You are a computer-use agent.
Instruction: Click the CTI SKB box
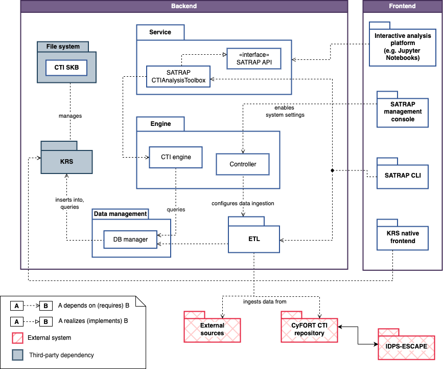click(x=66, y=68)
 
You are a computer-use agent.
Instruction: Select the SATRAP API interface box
click(x=254, y=59)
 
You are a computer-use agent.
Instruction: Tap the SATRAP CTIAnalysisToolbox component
click(x=178, y=76)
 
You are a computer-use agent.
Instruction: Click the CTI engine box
click(x=176, y=157)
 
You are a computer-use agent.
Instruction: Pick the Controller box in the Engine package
click(x=243, y=164)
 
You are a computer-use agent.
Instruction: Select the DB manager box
click(x=130, y=240)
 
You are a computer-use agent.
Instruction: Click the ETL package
click(x=254, y=239)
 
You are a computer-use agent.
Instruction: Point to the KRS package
click(x=66, y=162)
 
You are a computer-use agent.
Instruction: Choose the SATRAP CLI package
click(x=403, y=175)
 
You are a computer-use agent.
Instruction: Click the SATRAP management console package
click(x=403, y=112)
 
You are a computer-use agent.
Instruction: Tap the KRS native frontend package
click(x=403, y=237)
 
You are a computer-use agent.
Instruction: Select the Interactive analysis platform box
click(x=403, y=47)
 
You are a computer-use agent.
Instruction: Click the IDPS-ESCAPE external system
click(x=407, y=347)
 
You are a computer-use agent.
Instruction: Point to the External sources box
click(x=212, y=330)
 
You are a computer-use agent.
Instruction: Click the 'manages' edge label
click(x=71, y=116)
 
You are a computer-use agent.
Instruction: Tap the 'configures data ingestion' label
click(x=243, y=204)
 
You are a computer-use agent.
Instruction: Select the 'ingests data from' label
click(x=265, y=301)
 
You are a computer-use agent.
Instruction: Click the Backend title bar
click(x=184, y=6)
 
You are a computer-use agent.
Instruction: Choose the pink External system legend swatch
click(x=17, y=338)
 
